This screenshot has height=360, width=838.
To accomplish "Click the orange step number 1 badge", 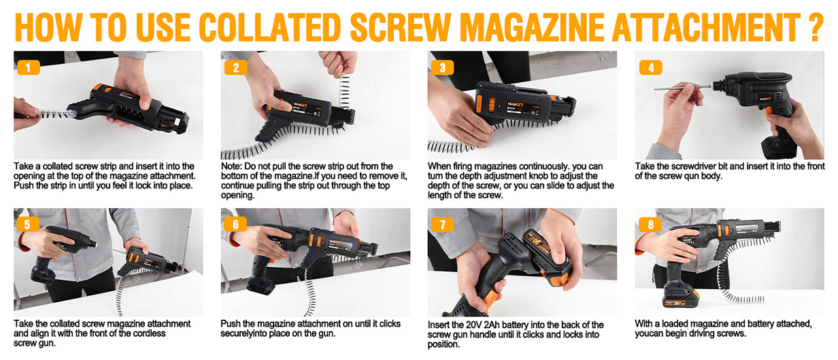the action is (x=29, y=68).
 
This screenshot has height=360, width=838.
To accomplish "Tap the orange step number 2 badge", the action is (x=235, y=68).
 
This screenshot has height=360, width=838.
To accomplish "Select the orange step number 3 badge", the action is (x=443, y=68).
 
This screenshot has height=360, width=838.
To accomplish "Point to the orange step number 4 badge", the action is (x=650, y=68).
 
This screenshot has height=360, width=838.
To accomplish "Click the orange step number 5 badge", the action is (x=28, y=225).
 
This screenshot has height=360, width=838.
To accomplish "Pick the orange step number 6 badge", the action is (x=235, y=225).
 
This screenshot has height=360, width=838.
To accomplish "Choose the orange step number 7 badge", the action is (x=442, y=225).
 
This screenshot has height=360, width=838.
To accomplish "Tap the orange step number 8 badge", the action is (x=650, y=225).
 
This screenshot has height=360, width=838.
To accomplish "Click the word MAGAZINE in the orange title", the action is (x=532, y=27).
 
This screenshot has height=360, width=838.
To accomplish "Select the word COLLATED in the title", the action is (x=271, y=27).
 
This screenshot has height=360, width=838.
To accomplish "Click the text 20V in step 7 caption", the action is (x=474, y=325).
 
